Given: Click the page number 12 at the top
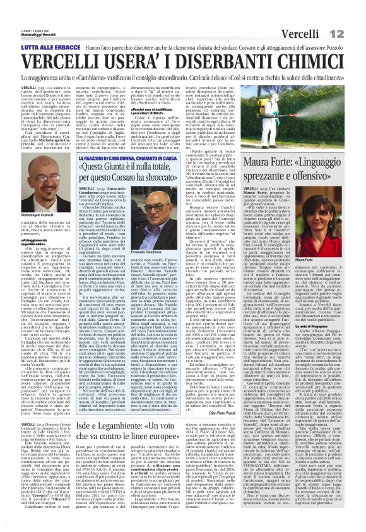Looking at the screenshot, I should coord(351,14).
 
